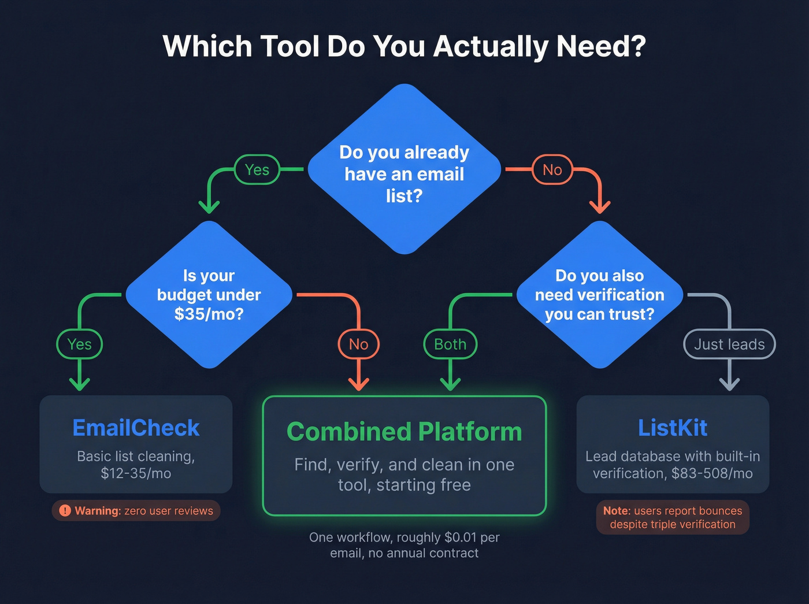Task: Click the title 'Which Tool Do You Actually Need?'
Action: click(x=404, y=46)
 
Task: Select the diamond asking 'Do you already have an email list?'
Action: click(x=404, y=173)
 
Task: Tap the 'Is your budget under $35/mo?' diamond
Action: click(x=209, y=295)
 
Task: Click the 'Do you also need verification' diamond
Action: click(x=599, y=295)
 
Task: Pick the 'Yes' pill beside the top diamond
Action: click(x=257, y=170)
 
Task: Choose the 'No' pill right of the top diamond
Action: click(x=552, y=170)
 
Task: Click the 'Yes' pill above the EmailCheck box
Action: click(x=80, y=344)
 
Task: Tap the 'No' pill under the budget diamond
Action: click(x=358, y=344)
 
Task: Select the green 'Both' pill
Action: click(x=450, y=344)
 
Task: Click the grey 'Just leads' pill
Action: click(x=729, y=344)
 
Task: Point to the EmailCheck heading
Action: click(x=136, y=428)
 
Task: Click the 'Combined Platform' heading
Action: click(x=404, y=432)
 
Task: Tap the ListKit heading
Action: click(x=673, y=428)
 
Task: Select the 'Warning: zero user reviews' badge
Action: click(x=136, y=511)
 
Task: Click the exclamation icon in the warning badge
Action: click(x=65, y=511)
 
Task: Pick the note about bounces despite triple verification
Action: click(x=673, y=518)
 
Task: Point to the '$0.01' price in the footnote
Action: click(x=461, y=538)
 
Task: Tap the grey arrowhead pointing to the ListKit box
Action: click(x=729, y=383)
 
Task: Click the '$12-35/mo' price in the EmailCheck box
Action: click(x=136, y=474)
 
